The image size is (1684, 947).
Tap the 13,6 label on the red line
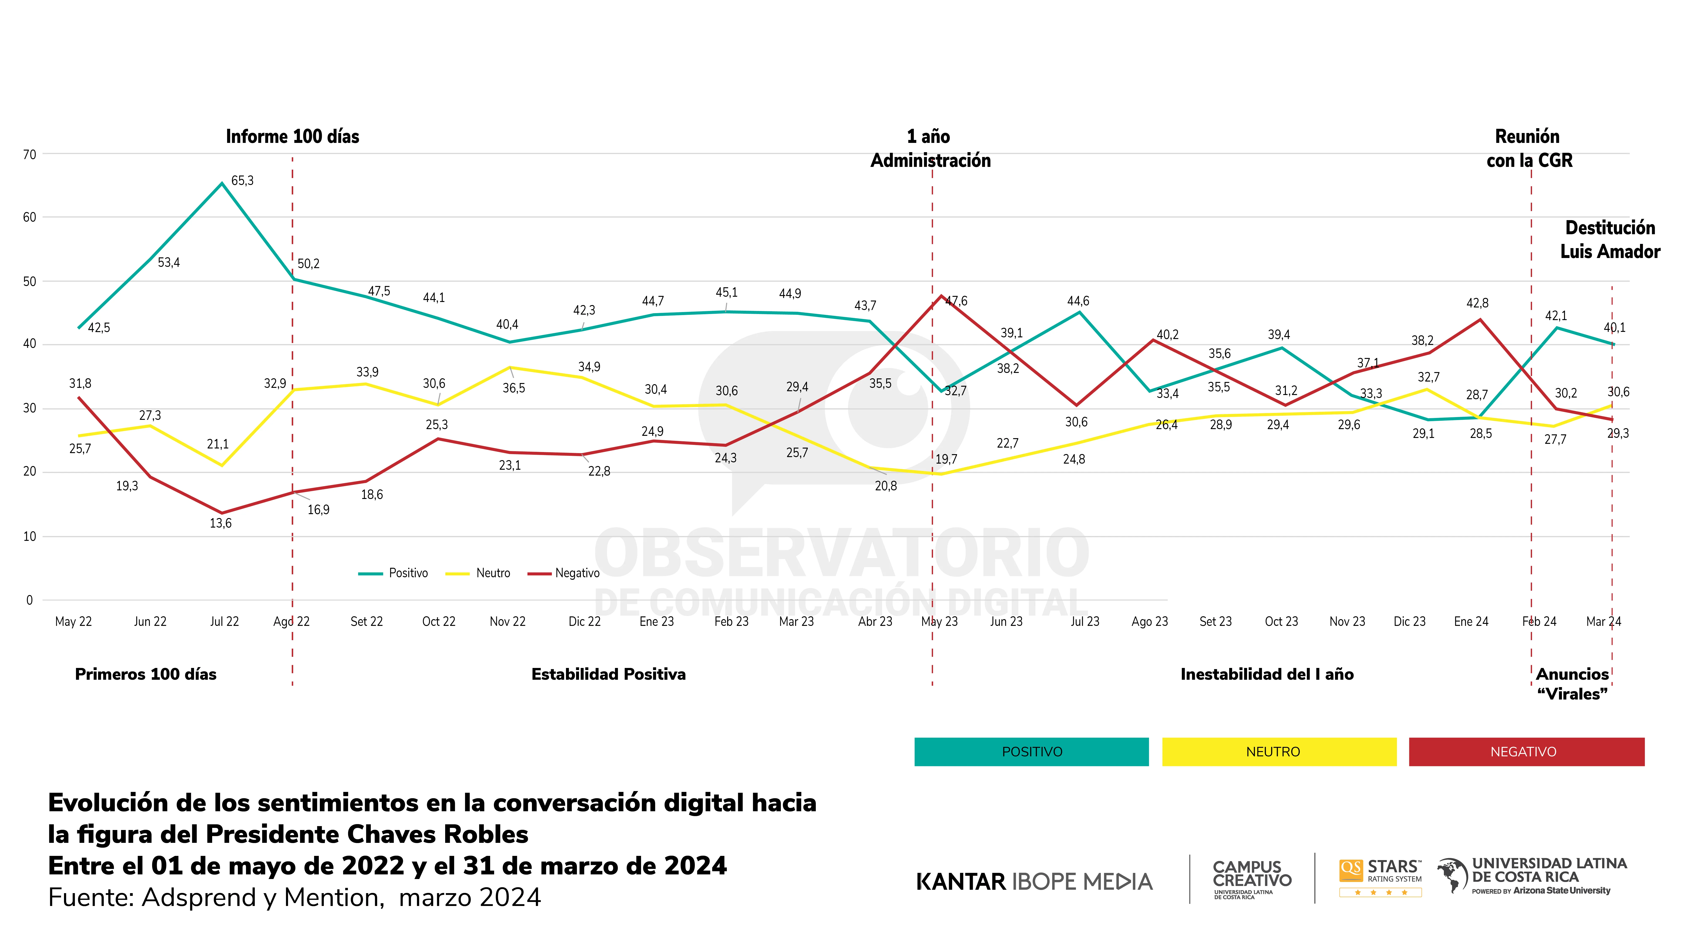pos(220,523)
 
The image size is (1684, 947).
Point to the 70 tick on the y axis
pos(29,155)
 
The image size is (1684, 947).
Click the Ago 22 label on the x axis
pos(291,621)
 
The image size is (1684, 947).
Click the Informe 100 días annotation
pos(292,137)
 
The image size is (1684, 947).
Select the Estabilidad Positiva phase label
pos(608,674)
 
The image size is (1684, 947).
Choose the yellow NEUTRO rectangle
pos(1279,751)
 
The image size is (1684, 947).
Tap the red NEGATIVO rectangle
pos(1526,751)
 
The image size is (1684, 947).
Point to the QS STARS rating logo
pos(1380,877)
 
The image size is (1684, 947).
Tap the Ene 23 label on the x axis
pos(656,621)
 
